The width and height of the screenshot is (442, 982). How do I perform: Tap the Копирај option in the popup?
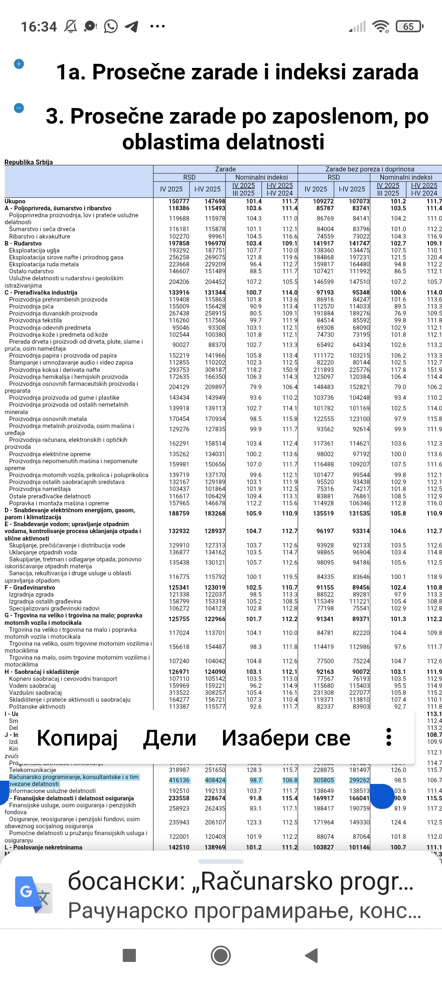click(x=77, y=738)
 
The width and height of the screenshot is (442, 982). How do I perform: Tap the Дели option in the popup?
click(x=169, y=738)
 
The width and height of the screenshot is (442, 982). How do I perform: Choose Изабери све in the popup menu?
click(x=286, y=738)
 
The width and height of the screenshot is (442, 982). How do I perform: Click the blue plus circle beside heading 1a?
click(x=19, y=64)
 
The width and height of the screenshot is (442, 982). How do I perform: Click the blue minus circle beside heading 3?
click(x=19, y=108)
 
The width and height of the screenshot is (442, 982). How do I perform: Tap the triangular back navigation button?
click(x=311, y=955)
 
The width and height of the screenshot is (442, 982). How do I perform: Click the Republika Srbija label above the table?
click(x=29, y=162)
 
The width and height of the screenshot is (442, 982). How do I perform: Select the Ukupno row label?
click(x=15, y=201)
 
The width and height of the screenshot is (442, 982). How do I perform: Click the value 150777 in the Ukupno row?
click(x=179, y=201)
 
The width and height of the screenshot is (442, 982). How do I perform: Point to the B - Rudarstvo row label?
click(x=23, y=243)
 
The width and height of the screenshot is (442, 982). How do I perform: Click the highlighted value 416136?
click(x=179, y=780)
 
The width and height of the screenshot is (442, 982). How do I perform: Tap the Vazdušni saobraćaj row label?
click(x=36, y=693)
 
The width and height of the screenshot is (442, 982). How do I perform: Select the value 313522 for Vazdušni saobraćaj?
click(x=179, y=693)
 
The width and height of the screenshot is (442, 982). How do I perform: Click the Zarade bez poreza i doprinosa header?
click(x=370, y=169)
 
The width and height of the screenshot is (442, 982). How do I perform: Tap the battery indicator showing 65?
click(x=409, y=27)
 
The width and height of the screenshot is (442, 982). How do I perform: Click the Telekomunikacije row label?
click(x=33, y=770)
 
